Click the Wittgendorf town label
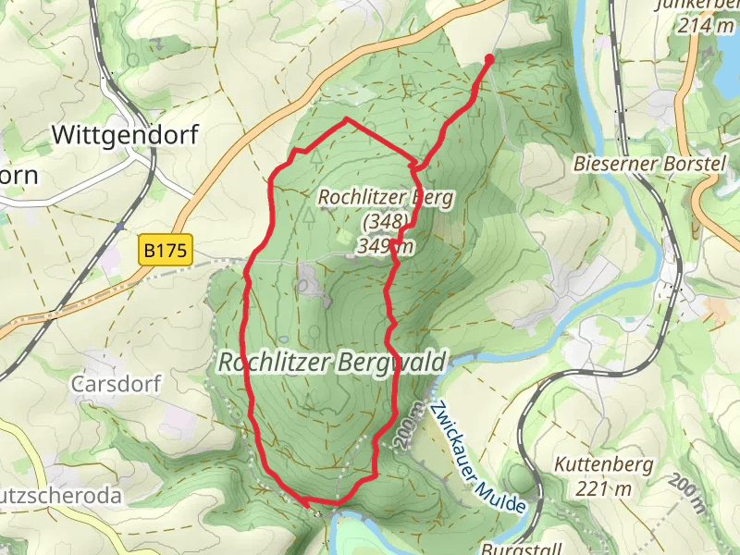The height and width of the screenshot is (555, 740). [x=125, y=135]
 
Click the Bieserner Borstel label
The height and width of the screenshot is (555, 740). [x=647, y=164]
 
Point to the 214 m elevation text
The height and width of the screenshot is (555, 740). [x=706, y=27]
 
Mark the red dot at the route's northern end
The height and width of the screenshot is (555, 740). [x=488, y=58]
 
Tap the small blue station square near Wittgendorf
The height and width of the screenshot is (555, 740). [x=121, y=225]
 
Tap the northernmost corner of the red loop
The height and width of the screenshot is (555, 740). [x=347, y=119]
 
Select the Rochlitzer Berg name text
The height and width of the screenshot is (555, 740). [x=382, y=197]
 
